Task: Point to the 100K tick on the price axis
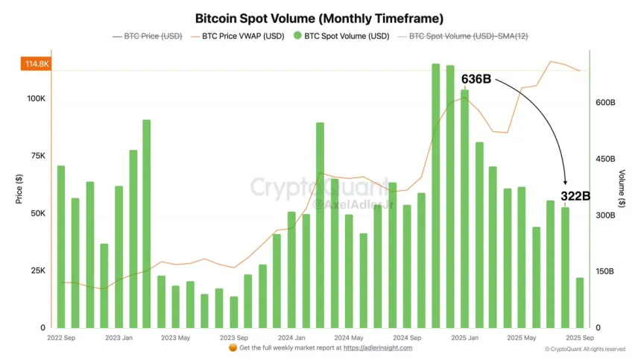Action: [x=37, y=99]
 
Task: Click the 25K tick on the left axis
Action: [x=39, y=271]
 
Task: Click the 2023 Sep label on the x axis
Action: [x=233, y=338]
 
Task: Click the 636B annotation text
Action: [x=476, y=79]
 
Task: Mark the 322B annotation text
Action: [x=575, y=196]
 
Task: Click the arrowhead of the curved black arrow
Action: [x=565, y=182]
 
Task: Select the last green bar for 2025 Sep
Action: [x=579, y=303]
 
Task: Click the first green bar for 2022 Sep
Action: [x=61, y=247]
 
